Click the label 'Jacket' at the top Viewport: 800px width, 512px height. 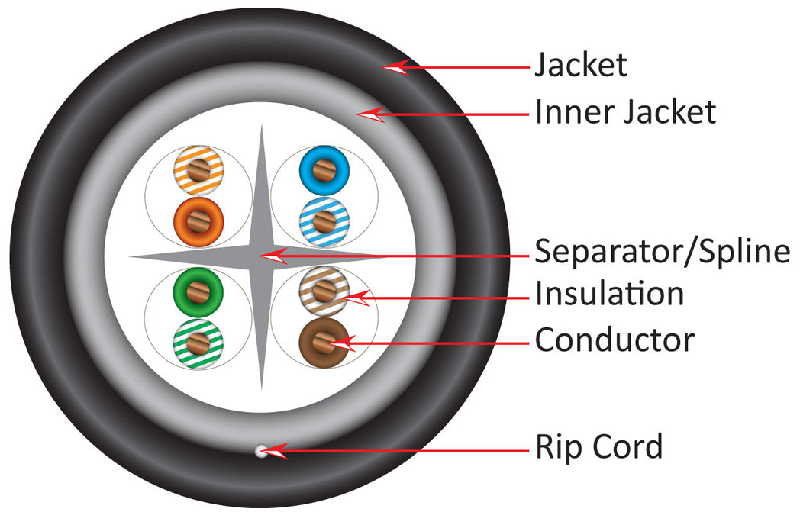coord(580,66)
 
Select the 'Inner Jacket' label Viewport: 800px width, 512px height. coord(625,113)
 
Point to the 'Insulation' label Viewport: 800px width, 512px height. coord(608,294)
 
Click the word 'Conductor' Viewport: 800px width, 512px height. coord(615,340)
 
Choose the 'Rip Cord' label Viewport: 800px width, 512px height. coord(598,446)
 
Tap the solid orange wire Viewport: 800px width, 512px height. coord(198,221)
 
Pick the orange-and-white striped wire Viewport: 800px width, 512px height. coord(198,168)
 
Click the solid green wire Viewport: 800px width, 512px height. coord(198,290)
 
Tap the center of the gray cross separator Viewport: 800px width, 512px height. coord(261,256)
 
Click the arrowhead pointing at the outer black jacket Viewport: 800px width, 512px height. coord(392,68)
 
